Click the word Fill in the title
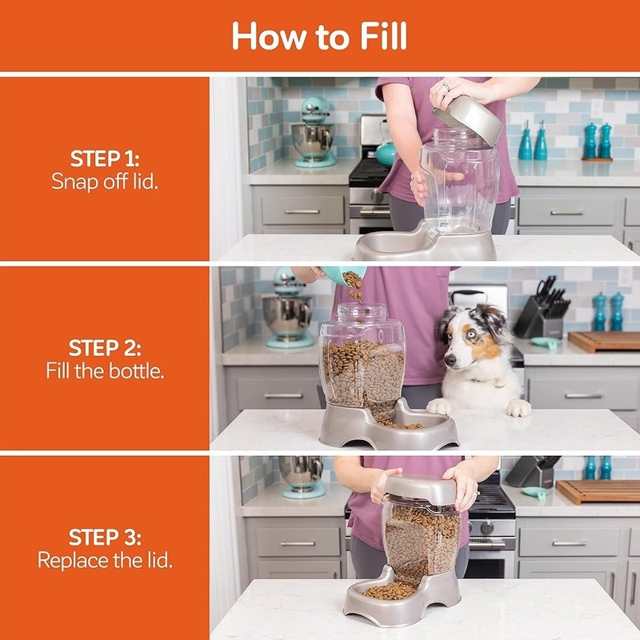371,37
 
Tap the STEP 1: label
105,158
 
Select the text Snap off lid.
105,181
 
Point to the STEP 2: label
105,348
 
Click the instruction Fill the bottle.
105,371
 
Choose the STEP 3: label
105,537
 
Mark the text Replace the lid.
105,560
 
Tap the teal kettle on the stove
386,152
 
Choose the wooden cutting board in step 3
597,490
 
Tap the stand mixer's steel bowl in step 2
288,314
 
